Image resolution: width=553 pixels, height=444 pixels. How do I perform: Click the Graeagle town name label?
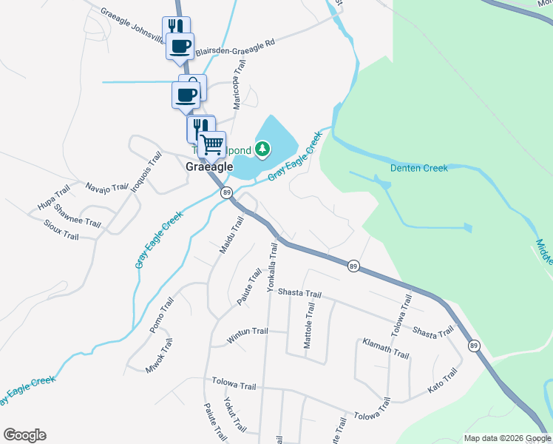coord(208,166)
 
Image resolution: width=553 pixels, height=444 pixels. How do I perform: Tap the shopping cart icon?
coord(211,144)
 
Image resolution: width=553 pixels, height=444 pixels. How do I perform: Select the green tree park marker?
coord(262,150)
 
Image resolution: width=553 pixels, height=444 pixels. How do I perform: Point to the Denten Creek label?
coord(419,169)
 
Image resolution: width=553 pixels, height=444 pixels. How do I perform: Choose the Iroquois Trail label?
coord(146,171)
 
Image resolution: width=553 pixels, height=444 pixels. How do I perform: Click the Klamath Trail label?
coord(385,349)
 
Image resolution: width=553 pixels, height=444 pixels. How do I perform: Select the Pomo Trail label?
coord(161,314)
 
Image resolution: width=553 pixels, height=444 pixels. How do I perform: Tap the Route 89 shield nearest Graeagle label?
coord(225,192)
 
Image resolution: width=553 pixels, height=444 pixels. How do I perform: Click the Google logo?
coord(24,435)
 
